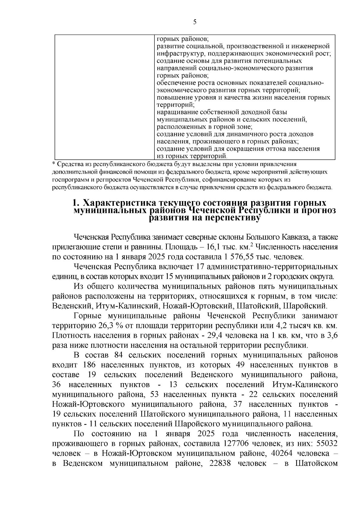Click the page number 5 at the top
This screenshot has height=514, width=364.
(194, 22)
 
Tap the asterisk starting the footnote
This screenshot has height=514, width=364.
(54, 164)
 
